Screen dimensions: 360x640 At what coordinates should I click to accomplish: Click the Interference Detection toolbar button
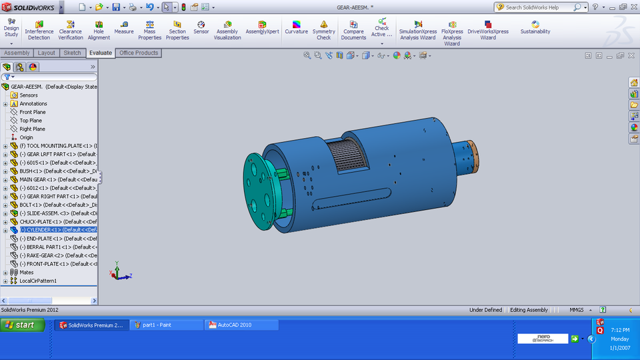point(39,30)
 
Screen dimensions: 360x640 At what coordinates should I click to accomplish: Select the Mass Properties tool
point(149,30)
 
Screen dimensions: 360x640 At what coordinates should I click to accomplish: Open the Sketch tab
point(72,53)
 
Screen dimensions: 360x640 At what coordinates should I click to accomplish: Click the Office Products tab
point(139,53)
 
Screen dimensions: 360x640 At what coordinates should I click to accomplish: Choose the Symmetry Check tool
point(323,30)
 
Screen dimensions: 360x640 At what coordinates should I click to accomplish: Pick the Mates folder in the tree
point(26,272)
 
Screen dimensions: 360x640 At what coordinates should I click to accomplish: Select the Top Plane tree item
point(31,121)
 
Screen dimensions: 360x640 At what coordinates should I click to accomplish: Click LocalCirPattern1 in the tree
point(38,281)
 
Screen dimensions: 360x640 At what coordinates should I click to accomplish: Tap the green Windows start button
point(23,325)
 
